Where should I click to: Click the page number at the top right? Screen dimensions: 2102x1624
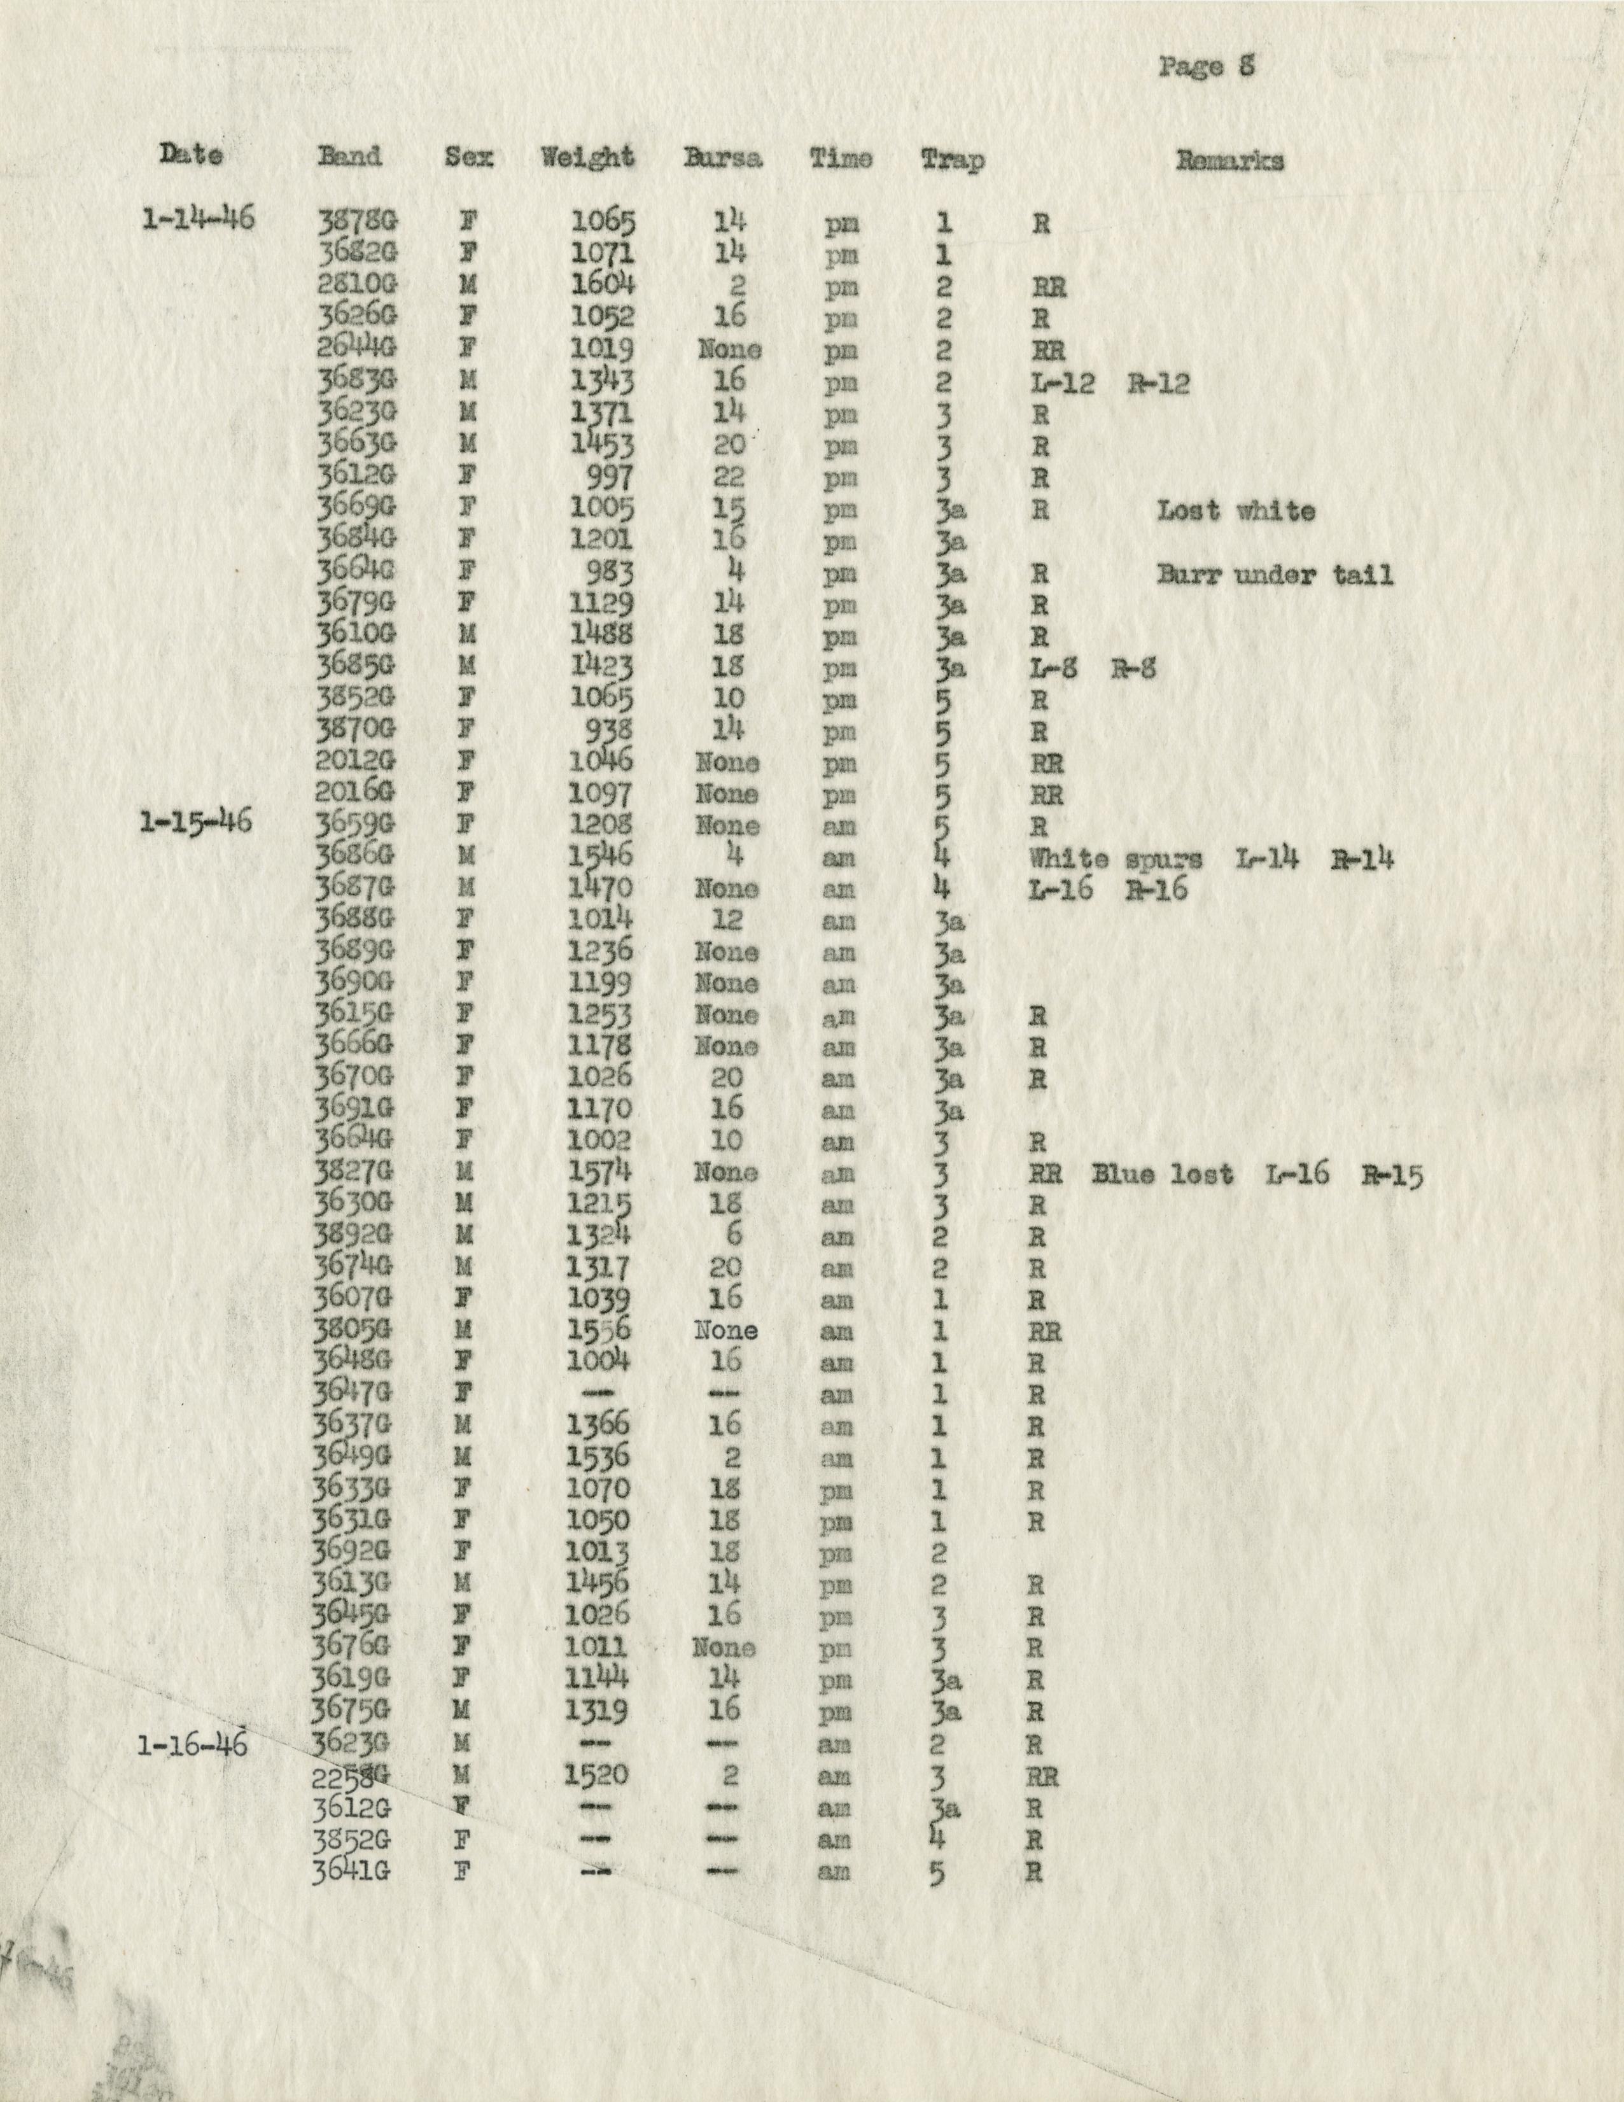coord(1206,67)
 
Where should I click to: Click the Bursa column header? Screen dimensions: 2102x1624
coord(722,158)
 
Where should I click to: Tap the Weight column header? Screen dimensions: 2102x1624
coord(587,158)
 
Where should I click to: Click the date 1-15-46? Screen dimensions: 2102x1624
coord(195,823)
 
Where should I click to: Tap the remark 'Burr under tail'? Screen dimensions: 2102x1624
coord(1275,575)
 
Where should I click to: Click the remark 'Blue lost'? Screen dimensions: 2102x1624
coord(1162,1174)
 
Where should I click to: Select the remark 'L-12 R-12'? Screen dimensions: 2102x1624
coord(1108,384)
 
